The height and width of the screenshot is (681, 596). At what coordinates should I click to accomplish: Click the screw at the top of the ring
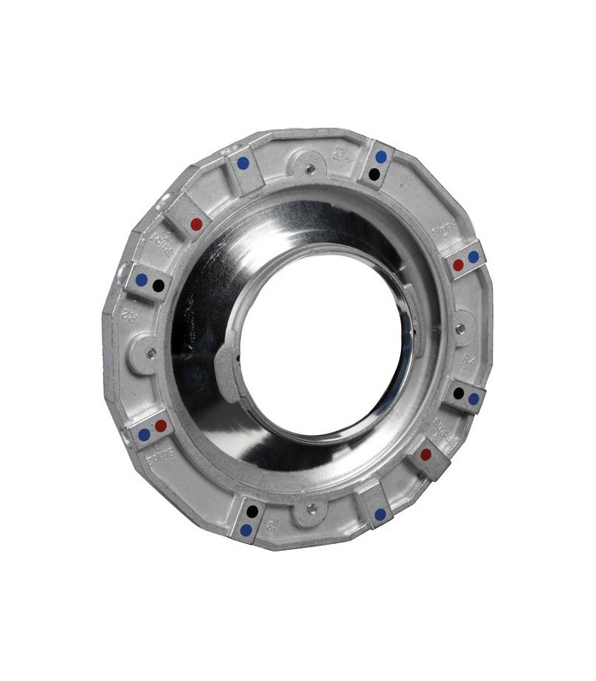310,169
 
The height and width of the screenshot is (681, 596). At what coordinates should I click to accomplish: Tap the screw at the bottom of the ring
312,509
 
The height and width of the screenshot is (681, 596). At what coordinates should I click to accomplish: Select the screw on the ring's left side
151,352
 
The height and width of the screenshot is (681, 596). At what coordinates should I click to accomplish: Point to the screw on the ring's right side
460,328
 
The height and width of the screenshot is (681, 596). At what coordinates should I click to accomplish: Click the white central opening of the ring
324,340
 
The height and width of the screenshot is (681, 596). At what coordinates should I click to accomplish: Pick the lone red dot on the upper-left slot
197,225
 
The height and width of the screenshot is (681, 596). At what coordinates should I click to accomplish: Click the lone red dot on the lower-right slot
426,455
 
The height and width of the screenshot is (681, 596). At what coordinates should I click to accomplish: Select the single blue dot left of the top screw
244,162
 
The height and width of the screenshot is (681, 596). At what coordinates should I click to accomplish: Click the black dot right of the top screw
374,174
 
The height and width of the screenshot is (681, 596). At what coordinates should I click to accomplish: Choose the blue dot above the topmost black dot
381,157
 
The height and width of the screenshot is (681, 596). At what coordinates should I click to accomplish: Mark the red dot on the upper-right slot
458,265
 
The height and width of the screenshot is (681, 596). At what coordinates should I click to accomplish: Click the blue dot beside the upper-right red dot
473,255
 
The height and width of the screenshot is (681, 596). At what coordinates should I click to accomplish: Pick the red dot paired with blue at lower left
160,425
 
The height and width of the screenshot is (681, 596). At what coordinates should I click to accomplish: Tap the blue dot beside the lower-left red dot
144,434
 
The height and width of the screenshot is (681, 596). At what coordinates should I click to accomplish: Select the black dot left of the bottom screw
252,512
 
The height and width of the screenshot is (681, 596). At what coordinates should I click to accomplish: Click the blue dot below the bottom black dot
246,529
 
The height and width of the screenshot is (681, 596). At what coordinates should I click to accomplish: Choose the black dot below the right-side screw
458,393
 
